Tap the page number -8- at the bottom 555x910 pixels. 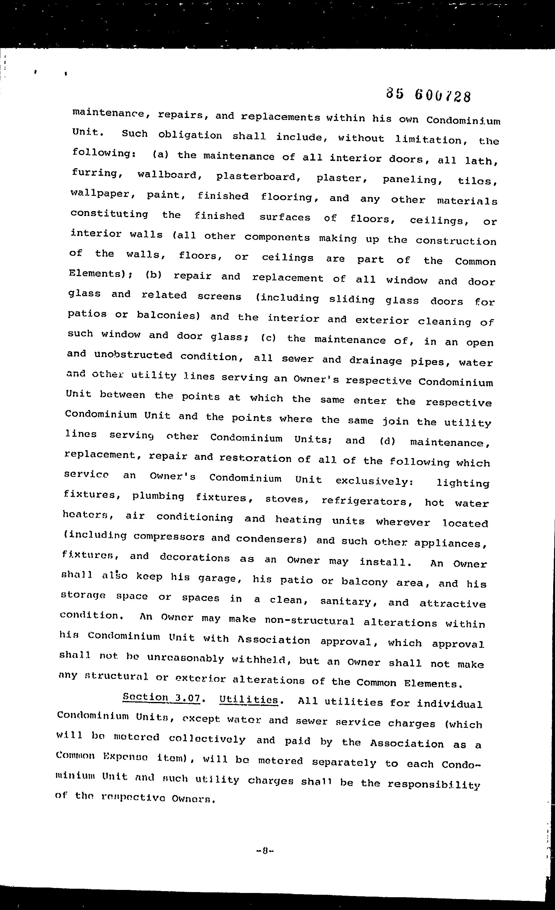[x=264, y=851]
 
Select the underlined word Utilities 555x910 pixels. [x=248, y=700]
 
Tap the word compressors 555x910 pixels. [x=169, y=537]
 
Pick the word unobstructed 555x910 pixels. [x=133, y=355]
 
